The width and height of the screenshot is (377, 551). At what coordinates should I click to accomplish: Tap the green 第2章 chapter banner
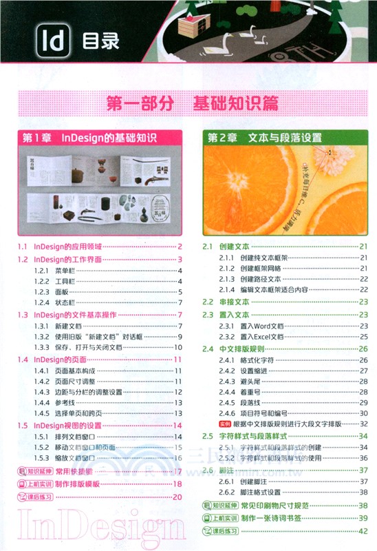click(286, 138)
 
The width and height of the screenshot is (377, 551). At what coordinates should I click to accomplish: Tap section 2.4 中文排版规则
click(234, 349)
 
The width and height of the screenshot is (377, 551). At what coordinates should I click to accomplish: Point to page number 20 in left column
click(177, 497)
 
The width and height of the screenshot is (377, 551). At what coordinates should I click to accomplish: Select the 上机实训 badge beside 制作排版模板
click(31, 484)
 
